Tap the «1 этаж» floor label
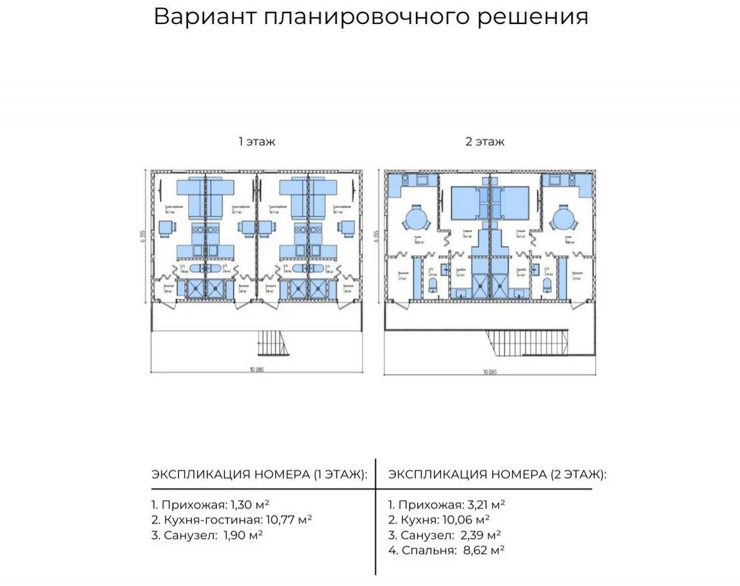257,141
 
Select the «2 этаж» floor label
485,141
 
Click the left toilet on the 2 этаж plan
433,285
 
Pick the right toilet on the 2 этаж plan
548,285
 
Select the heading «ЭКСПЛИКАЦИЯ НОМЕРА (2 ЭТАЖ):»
497,475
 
